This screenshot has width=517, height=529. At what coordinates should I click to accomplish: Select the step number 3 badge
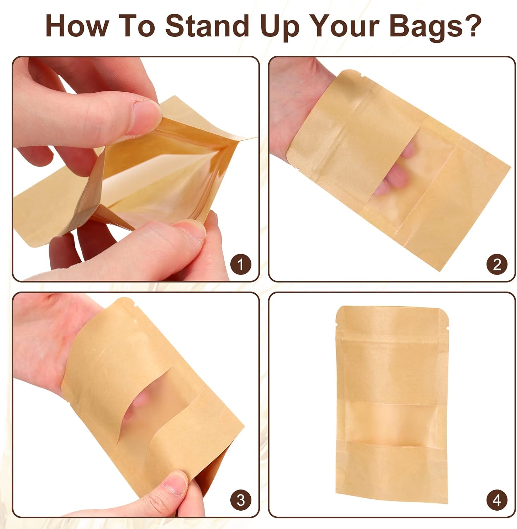241,500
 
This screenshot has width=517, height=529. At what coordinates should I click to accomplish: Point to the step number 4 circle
497,500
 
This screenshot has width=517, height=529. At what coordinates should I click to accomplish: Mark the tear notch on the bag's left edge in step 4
336,324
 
